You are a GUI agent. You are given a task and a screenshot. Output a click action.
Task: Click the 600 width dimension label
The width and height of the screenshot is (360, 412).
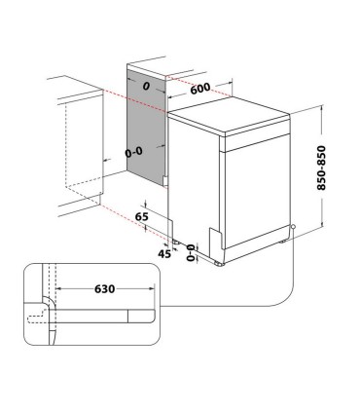click(201, 87)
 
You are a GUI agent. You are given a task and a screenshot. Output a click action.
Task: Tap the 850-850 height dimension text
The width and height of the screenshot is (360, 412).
click(335, 168)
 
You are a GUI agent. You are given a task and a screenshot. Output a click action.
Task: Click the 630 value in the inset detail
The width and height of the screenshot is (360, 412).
click(107, 288)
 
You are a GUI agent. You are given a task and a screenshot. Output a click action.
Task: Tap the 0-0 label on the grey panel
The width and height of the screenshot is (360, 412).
click(136, 153)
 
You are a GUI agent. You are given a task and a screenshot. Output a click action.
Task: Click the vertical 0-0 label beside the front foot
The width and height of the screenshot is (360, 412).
click(191, 253)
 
